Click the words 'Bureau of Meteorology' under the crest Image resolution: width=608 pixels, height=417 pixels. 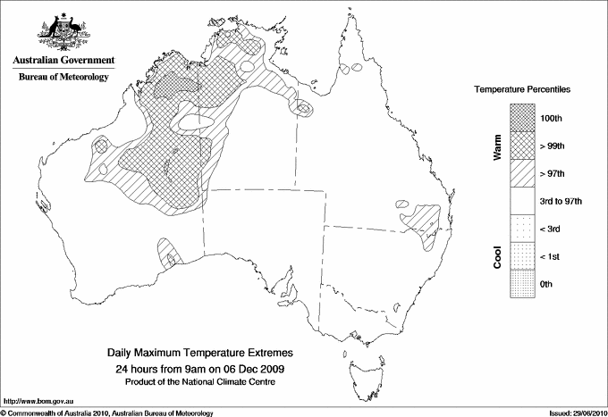tap(63, 78)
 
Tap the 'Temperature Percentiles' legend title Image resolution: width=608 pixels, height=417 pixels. tap(522, 91)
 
